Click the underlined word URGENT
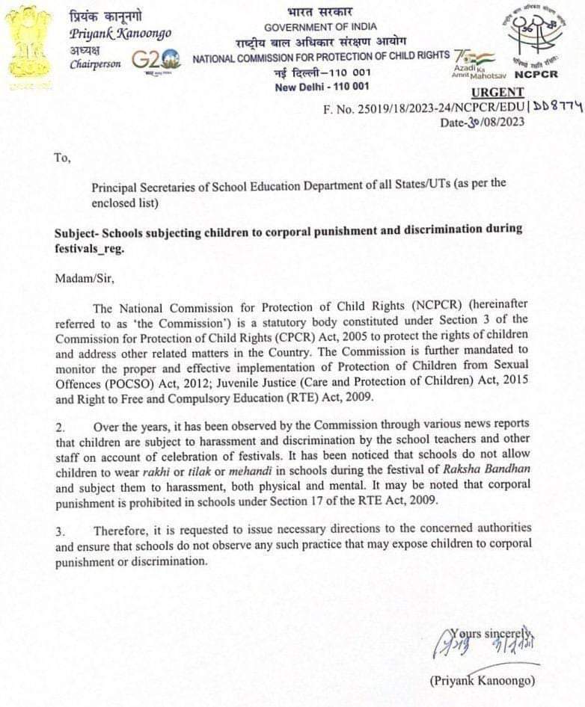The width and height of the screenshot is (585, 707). tap(498, 93)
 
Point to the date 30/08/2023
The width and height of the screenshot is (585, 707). tap(494, 123)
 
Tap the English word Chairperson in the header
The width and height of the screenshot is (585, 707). tap(96, 64)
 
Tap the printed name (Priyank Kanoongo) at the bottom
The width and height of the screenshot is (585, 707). tap(483, 680)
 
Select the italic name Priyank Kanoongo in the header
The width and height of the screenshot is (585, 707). tap(120, 34)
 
